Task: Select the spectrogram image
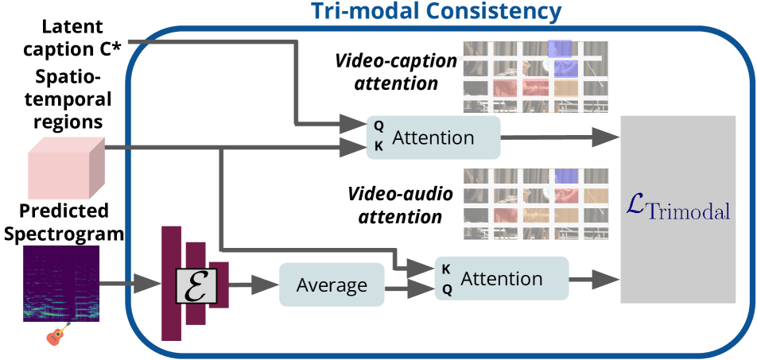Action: point(61,283)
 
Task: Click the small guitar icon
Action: point(58,335)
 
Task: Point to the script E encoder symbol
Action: point(196,285)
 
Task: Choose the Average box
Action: point(332,285)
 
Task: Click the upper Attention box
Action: point(433,137)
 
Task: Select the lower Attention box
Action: point(502,279)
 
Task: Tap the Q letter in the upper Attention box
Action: point(378,126)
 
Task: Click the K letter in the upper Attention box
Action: point(378,145)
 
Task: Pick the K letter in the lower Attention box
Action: point(447,269)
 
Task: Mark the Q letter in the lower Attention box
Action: point(447,289)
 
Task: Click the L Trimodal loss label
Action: point(677,208)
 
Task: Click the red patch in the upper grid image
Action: point(505,87)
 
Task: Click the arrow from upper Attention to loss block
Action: point(561,137)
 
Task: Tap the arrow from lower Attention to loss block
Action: point(595,279)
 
